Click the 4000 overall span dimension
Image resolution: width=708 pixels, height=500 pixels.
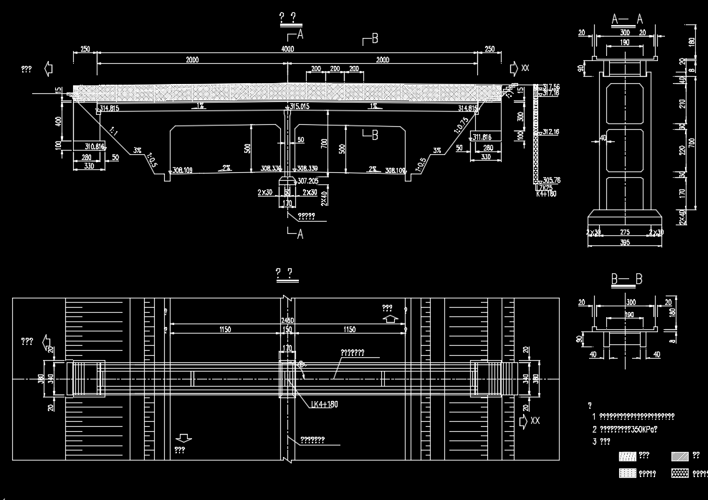coord(287,49)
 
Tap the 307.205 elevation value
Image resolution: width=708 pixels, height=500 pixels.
coord(308,181)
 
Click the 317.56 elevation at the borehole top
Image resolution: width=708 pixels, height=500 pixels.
coord(551,87)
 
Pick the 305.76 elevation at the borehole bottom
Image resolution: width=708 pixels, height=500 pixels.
coord(552,180)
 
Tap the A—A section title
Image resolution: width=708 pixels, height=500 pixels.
coord(627,19)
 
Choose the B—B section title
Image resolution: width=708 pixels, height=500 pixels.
coord(626,279)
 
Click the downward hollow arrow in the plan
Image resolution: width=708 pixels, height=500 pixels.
coord(183,437)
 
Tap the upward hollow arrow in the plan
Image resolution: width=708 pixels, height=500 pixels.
coord(391,316)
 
